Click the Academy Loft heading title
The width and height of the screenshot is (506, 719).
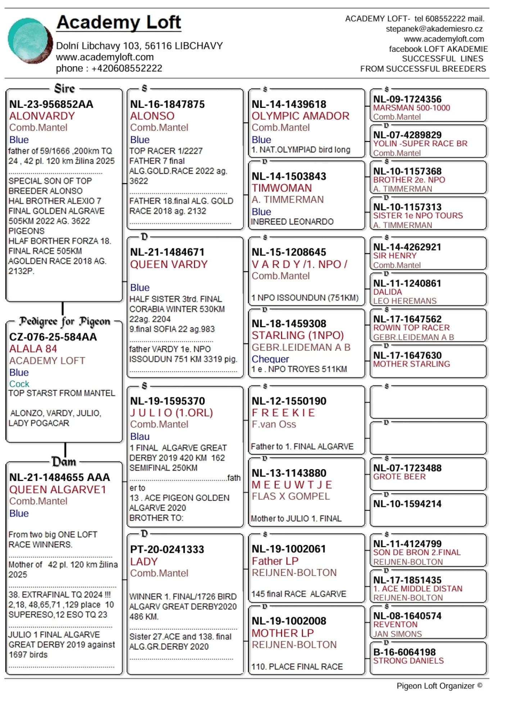119,22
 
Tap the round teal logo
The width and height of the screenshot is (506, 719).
30,40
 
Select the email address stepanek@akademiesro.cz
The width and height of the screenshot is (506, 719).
434,29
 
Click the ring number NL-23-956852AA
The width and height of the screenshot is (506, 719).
51,104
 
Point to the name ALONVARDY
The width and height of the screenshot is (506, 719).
42,116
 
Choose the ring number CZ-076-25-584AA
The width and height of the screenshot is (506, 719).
53,337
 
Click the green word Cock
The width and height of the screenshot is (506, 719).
19,384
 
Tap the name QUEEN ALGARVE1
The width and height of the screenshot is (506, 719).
58,490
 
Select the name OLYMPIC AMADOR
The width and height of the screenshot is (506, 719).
301,116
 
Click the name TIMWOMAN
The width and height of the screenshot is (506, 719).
282,188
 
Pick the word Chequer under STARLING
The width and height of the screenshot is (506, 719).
270,359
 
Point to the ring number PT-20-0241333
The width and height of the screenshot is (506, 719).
167,549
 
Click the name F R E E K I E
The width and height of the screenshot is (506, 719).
283,413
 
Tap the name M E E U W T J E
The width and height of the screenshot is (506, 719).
292,485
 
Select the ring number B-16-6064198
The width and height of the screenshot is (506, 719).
404,652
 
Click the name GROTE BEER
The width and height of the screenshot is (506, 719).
399,477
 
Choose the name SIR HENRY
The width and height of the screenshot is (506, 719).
395,256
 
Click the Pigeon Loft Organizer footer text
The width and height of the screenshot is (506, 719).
439,686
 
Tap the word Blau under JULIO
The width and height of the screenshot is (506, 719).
140,436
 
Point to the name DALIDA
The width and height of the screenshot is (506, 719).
387,292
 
